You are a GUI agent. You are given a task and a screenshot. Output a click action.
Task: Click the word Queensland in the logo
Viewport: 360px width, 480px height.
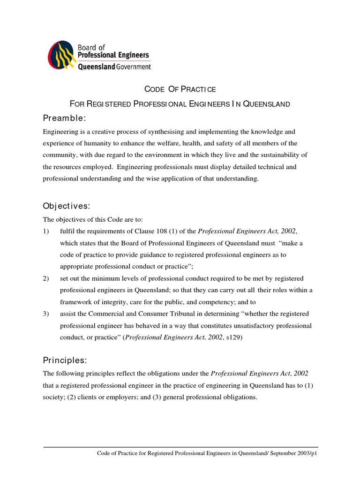pos(96,67)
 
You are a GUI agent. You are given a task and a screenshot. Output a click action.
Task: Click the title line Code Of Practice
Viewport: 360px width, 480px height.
pos(180,89)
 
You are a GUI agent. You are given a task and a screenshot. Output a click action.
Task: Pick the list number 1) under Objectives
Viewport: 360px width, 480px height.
pos(46,231)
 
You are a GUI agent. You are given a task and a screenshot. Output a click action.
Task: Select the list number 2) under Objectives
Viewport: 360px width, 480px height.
pos(46,278)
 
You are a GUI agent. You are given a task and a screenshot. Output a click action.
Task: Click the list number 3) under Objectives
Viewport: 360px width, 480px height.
pos(46,314)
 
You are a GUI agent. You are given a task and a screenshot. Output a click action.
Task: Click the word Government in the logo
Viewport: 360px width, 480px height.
pos(134,67)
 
